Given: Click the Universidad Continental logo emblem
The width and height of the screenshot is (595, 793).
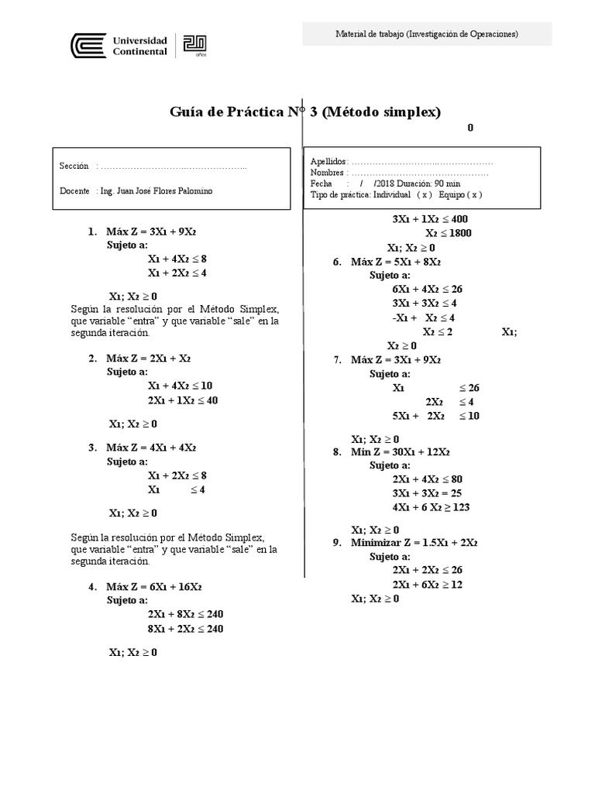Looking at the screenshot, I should point(84,46).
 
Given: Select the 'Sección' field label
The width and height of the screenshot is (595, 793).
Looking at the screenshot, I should point(74,166).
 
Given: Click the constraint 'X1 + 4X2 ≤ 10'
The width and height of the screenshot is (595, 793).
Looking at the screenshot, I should point(179,386).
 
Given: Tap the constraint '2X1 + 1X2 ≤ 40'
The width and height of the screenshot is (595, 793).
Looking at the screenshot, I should point(182,400).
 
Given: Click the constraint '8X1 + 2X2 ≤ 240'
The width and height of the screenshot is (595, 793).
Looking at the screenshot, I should point(185,629).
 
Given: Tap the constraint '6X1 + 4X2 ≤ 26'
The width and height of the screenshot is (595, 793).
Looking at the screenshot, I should point(427,289).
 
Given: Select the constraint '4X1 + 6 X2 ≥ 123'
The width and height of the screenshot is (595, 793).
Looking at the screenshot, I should point(431,507).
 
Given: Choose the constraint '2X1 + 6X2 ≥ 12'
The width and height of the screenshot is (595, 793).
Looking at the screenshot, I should point(427,585).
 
